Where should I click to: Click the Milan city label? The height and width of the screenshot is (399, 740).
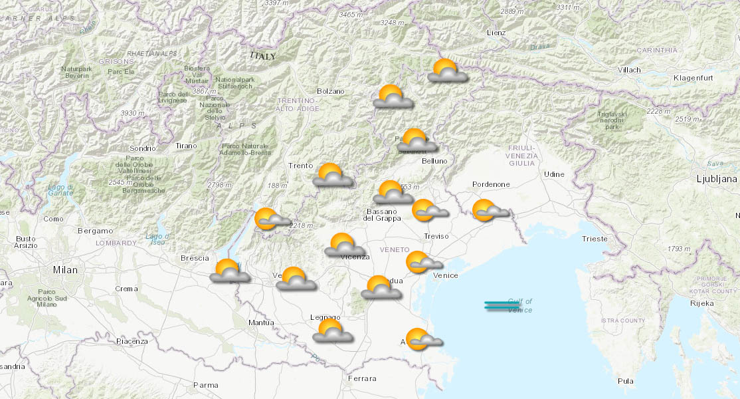click(66, 270)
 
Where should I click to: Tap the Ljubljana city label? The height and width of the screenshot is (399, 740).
click(716, 179)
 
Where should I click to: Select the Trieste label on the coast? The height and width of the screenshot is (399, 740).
click(594, 238)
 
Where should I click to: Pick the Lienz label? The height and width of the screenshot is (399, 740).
click(496, 33)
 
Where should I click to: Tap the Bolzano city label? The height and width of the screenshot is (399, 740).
click(331, 91)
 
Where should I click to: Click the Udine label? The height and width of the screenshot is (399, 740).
click(554, 174)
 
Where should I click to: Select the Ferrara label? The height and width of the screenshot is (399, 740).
click(363, 378)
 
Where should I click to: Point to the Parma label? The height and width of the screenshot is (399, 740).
click(205, 384)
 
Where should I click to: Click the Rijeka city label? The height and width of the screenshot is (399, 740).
click(702, 303)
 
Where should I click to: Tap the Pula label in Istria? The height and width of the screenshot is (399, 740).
click(625, 381)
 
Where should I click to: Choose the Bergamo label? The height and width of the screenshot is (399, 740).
click(95, 231)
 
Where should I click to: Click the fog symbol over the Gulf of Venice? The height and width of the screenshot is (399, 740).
click(502, 305)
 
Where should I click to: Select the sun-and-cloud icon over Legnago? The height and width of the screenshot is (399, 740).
click(332, 331)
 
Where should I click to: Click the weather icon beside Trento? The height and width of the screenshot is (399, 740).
click(332, 176)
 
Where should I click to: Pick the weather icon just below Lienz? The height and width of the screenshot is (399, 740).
click(447, 70)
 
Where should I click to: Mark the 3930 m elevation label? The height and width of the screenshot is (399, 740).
click(132, 114)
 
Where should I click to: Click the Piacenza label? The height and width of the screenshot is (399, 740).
click(132, 341)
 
